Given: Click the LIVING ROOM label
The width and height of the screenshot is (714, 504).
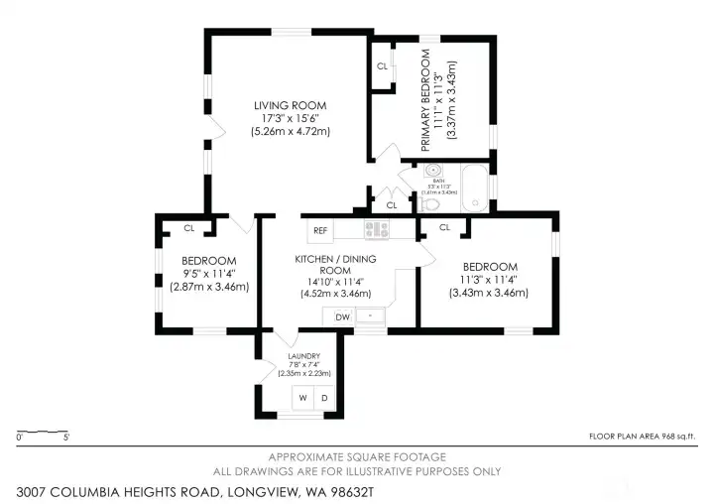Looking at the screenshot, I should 289,105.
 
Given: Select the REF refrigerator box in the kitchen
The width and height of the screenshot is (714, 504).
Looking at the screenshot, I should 320,231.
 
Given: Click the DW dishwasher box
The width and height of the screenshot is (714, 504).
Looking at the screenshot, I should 341,317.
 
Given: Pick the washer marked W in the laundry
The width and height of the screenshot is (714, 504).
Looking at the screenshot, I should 304,398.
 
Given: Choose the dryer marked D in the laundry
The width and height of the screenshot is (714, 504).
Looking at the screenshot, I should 324,398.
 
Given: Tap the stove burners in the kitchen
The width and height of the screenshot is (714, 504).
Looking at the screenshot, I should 376,230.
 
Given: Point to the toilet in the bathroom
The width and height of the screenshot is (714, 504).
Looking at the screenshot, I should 428,202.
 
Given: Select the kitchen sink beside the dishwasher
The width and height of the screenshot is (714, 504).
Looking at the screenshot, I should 371,316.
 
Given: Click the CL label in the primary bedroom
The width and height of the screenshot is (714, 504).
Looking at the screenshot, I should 382,66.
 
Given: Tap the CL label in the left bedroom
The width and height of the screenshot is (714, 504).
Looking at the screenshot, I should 188,228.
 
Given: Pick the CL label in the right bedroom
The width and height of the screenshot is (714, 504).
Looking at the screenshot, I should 444,227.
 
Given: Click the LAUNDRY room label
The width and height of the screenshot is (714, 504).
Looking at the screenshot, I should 302,356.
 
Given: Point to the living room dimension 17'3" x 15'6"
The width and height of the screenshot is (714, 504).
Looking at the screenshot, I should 289,118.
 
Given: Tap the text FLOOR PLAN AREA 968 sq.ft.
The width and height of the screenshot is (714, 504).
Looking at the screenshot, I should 643,437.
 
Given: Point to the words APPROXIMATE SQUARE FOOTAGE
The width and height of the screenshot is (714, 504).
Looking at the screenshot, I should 356,456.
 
